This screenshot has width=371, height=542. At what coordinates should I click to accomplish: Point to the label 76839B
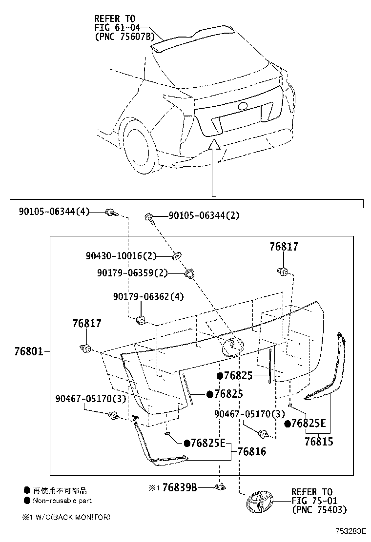point(179,487)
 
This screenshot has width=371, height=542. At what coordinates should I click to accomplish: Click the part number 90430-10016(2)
point(121,256)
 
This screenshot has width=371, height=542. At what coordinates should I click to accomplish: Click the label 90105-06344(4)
point(54,212)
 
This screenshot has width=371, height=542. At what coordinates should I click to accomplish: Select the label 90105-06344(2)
point(204,215)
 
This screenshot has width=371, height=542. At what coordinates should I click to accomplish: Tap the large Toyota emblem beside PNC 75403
point(259,502)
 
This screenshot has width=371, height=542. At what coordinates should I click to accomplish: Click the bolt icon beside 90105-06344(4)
point(112,212)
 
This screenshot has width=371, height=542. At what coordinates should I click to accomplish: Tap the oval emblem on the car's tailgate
point(243,106)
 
